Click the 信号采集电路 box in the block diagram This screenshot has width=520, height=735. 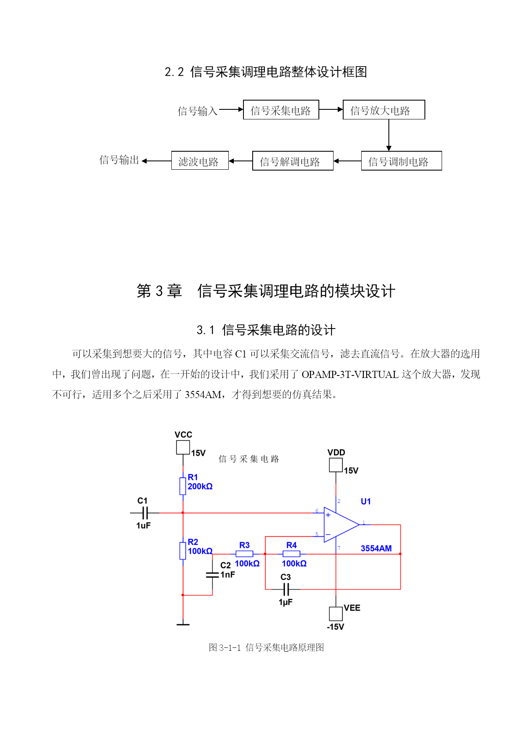click(281, 110)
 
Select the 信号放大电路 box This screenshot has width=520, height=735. click(384, 110)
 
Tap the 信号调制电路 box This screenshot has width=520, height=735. click(401, 161)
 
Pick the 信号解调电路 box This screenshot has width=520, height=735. click(293, 161)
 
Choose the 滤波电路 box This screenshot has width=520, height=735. click(200, 160)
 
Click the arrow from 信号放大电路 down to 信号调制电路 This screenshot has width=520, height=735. click(389, 135)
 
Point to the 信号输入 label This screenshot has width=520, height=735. click(197, 111)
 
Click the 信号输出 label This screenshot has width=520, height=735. click(119, 160)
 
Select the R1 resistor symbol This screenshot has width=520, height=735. click(183, 486)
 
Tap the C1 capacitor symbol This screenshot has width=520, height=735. click(145, 512)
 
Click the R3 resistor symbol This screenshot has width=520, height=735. click(244, 554)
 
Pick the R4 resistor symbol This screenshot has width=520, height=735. click(291, 554)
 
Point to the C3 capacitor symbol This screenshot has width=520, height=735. click(286, 590)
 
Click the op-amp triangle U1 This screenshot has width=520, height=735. click(340, 525)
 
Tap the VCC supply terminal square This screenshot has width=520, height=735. click(183, 448)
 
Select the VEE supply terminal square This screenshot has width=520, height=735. click(336, 614)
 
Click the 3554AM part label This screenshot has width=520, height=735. click(376, 549)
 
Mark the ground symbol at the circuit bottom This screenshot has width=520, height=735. click(183, 624)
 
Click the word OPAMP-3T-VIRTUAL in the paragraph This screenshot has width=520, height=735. click(350, 374)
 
